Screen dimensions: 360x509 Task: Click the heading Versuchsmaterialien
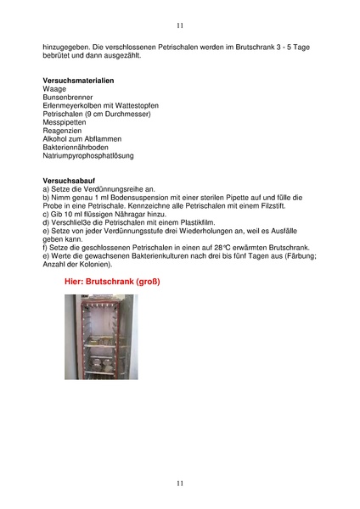[78, 81]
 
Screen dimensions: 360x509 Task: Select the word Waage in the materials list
[54, 89]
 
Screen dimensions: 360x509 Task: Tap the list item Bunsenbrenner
[66, 98]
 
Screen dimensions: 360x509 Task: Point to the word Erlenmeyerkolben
[71, 106]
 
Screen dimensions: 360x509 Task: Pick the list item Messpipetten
[65, 122]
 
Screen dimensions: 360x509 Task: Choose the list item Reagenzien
[62, 131]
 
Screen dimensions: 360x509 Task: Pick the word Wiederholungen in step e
[210, 232]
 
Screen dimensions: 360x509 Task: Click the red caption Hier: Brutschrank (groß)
[113, 281]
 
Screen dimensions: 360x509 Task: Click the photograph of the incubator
[100, 337]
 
